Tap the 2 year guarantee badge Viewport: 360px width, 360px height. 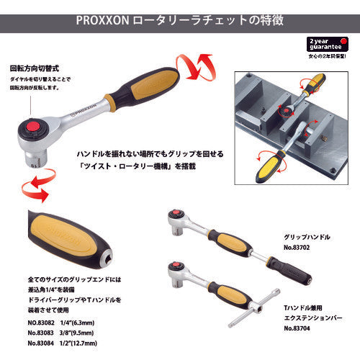point(326,45)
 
